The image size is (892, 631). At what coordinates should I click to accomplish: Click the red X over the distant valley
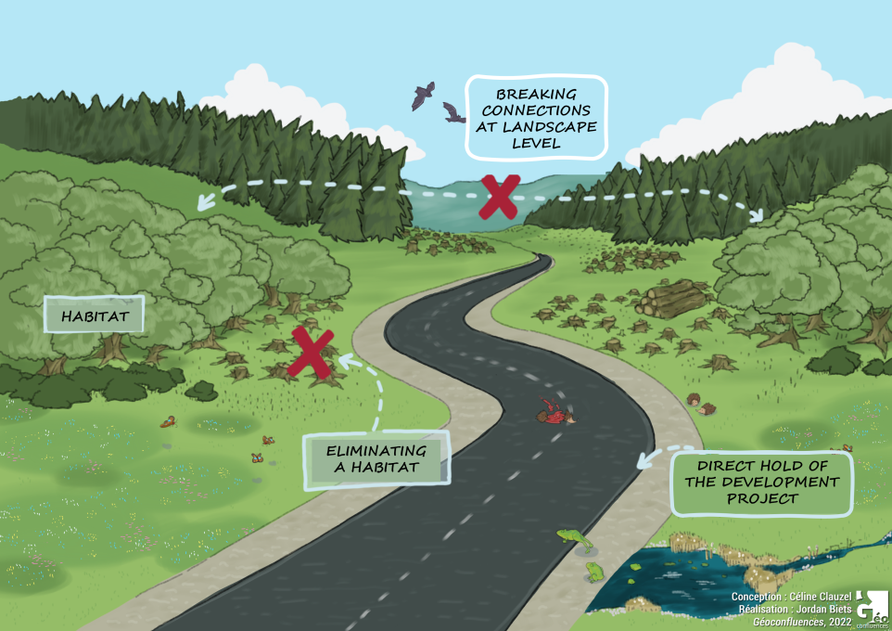(499, 198)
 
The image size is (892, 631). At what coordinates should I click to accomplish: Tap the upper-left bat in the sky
(424, 95)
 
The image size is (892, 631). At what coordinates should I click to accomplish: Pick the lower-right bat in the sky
(453, 114)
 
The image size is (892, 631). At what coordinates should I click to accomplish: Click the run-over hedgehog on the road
(554, 413)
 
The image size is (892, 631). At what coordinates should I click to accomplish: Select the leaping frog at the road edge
(572, 537)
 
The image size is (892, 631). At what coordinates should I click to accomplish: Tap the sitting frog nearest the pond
(593, 570)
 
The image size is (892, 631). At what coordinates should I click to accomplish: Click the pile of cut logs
(672, 300)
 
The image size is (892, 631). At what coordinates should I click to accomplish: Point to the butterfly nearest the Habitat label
(168, 422)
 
